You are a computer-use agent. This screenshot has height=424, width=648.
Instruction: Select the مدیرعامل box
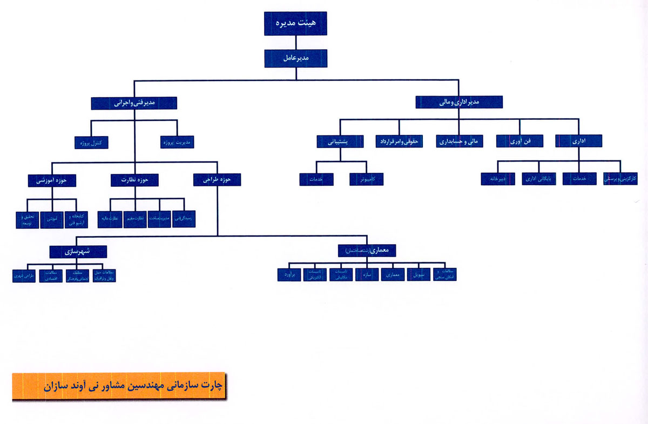click(295, 58)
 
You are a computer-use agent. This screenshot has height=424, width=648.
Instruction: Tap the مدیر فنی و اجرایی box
click(134, 103)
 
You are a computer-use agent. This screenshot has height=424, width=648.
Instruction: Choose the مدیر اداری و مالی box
click(459, 102)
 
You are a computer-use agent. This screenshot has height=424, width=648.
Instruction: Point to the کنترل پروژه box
click(91, 143)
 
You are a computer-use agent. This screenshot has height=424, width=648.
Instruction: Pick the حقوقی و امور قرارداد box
click(399, 142)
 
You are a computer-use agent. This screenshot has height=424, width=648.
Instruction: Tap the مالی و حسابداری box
click(460, 142)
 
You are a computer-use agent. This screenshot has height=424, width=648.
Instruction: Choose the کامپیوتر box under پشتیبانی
click(366, 179)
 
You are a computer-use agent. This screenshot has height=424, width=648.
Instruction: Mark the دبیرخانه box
click(497, 179)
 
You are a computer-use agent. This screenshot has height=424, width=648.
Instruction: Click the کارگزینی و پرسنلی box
click(620, 179)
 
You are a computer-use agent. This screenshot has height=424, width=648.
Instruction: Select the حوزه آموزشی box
click(52, 180)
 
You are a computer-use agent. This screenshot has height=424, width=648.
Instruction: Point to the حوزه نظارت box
click(134, 180)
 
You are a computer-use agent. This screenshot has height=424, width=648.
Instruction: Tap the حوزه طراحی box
click(217, 180)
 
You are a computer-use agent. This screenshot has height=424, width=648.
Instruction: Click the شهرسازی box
click(78, 251)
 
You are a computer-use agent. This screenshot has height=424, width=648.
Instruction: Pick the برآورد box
click(289, 274)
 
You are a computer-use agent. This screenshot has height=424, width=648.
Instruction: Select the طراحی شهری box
click(23, 275)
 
